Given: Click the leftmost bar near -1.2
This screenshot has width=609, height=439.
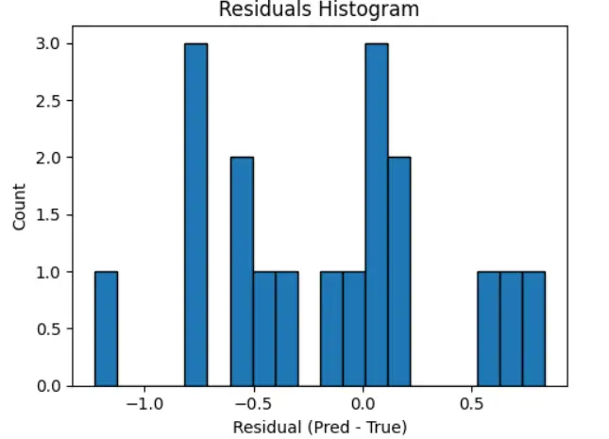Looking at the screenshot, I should tap(106, 329).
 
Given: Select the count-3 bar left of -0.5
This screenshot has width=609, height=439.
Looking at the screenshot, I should tap(195, 214).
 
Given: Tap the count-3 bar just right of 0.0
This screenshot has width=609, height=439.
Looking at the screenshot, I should tap(377, 214).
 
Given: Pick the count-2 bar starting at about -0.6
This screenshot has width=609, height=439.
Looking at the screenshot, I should tap(242, 271).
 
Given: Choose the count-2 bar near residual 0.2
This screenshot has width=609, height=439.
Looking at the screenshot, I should tap(399, 271).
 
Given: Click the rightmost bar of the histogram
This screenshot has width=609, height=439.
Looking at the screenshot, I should tap(533, 329).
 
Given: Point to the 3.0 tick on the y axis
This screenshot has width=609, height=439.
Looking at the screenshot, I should tap(49, 43).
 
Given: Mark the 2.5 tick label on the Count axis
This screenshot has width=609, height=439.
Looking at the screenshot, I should tap(49, 101).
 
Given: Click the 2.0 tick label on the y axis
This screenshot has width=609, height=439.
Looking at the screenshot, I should tap(49, 158).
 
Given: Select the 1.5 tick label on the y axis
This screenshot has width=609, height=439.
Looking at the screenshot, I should tap(49, 215).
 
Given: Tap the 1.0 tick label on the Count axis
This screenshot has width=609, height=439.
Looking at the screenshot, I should tap(49, 272).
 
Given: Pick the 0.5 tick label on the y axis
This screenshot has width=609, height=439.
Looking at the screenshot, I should tap(49, 329).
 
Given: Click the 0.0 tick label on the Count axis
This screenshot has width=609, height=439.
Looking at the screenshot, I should tap(49, 386).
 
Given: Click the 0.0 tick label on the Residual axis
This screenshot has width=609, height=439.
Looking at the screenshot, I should tap(364, 404).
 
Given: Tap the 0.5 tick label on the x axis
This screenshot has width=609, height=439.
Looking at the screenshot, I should tap(472, 404).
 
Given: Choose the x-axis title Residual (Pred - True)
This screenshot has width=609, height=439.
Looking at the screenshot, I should tap(319, 427).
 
